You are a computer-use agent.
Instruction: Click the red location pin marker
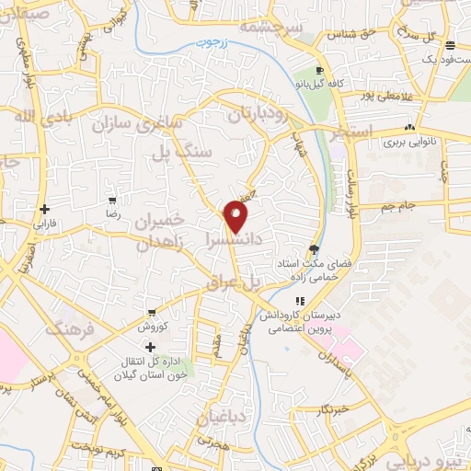click(236, 216)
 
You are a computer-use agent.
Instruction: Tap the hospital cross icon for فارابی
click(44, 209)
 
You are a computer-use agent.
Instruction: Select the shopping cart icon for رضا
click(112, 200)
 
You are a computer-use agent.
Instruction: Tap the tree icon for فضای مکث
click(316, 248)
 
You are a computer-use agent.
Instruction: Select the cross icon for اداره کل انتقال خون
click(151, 346)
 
